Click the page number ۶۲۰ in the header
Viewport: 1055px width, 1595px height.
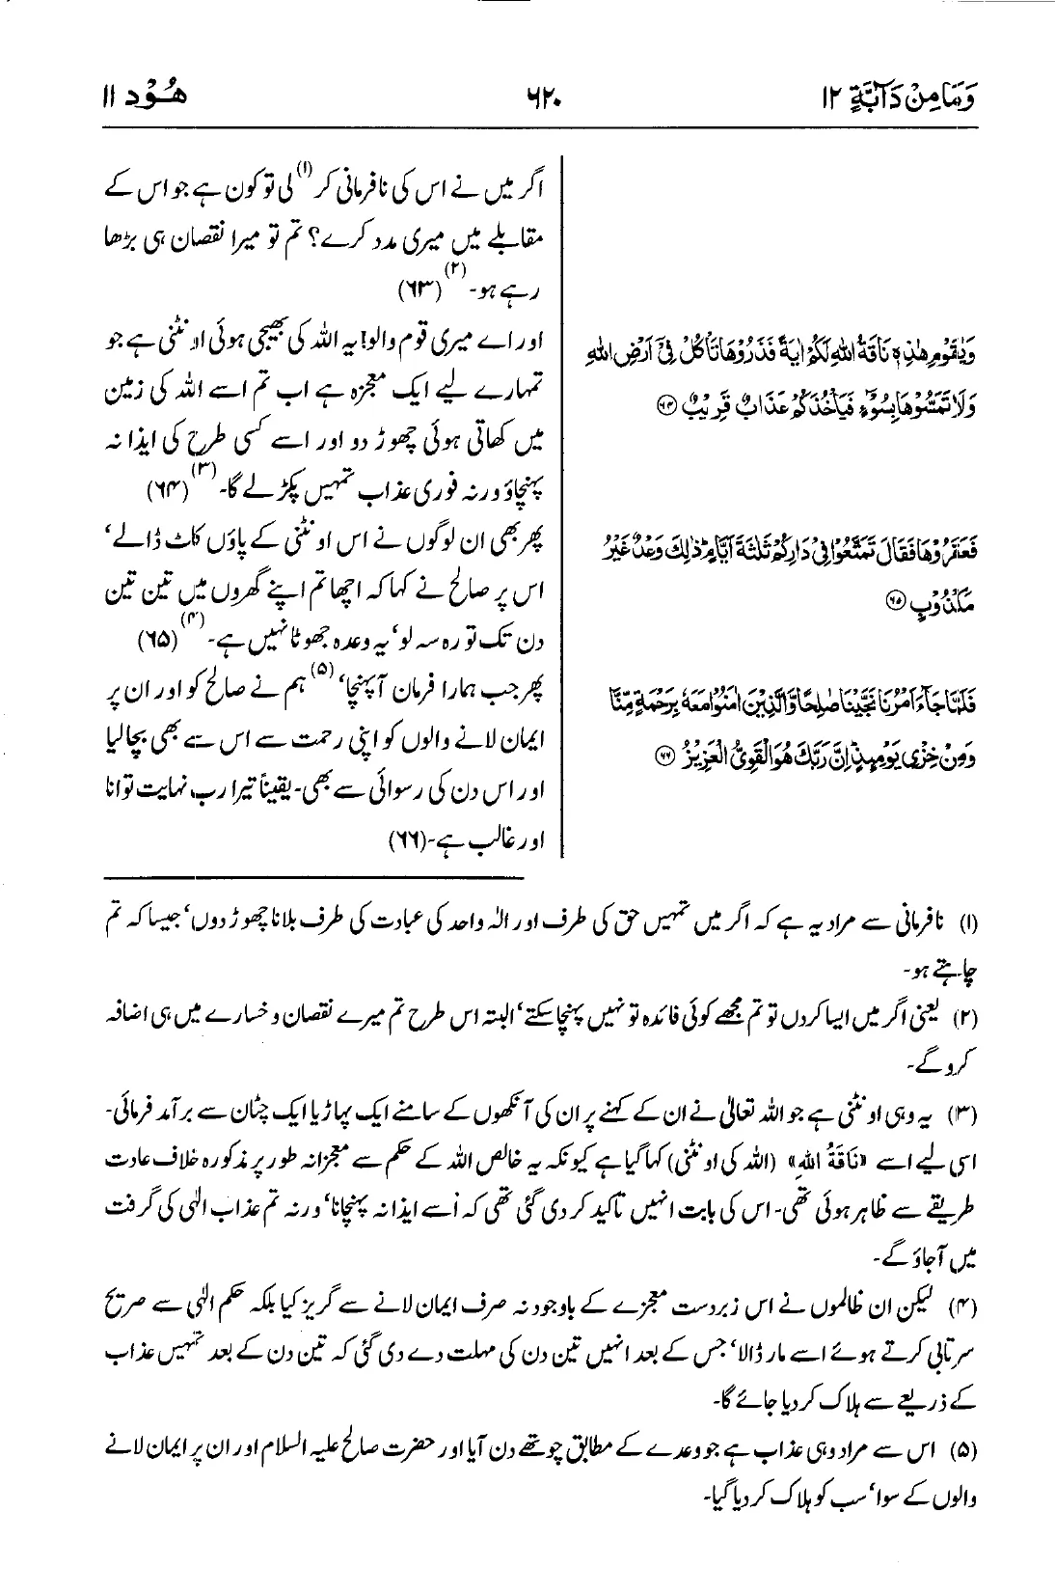click(527, 97)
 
